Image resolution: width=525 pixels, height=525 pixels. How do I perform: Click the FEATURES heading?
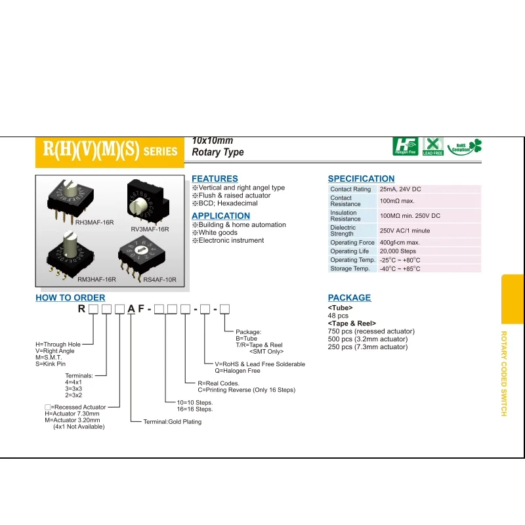[215, 178]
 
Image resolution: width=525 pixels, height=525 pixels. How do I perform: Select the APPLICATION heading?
[220, 216]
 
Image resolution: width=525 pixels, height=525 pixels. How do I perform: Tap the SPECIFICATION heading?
[361, 178]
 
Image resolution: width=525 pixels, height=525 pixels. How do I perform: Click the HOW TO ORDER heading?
[70, 298]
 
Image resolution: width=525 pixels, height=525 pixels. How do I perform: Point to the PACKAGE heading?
[349, 298]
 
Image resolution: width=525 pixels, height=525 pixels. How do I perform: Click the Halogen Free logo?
[405, 146]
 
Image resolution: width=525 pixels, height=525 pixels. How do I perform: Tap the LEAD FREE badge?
[433, 146]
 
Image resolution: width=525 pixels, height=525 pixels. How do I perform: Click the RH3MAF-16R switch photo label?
[95, 222]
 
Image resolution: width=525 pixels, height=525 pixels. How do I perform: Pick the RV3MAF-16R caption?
[150, 229]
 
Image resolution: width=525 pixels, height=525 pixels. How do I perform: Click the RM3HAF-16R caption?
[96, 280]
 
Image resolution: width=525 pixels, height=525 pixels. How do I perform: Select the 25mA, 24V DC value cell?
[400, 189]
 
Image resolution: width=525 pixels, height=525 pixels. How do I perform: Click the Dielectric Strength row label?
[342, 230]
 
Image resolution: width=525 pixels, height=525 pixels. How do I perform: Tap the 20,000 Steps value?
[398, 251]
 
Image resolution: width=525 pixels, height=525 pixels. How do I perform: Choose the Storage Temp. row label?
[350, 268]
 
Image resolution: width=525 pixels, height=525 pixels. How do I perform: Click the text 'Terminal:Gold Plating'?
[173, 422]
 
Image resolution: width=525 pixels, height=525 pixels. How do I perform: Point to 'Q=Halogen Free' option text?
[237, 371]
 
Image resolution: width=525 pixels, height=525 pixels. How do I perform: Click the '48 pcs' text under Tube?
[338, 316]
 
